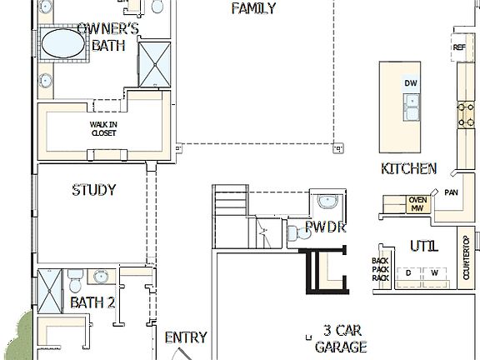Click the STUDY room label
pyautogui.click(x=93, y=190)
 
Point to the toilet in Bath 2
pyautogui.click(x=75, y=276)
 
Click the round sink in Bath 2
pyautogui.click(x=102, y=277)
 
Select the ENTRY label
pyautogui.click(x=185, y=337)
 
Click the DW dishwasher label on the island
pyautogui.click(x=410, y=83)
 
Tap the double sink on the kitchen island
pyautogui.click(x=411, y=105)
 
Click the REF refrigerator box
pyautogui.click(x=459, y=47)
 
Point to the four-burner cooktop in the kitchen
pyautogui.click(x=464, y=115)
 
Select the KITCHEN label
pyautogui.click(x=408, y=168)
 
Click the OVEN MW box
pyautogui.click(x=417, y=204)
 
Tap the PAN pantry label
pyautogui.click(x=451, y=192)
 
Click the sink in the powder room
pyautogui.click(x=327, y=201)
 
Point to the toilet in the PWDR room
pyautogui.click(x=296, y=234)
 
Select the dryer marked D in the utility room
pyautogui.click(x=408, y=273)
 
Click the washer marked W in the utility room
pyautogui.click(x=433, y=273)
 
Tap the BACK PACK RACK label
pyautogui.click(x=380, y=269)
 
